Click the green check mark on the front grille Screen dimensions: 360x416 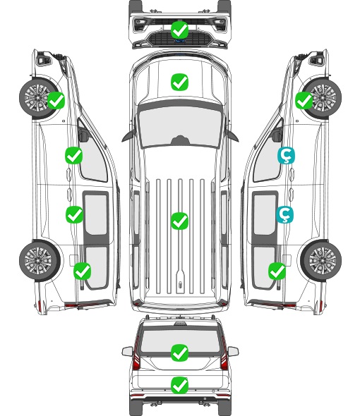(x=179, y=30)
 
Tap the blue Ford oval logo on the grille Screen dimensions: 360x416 (x=179, y=41)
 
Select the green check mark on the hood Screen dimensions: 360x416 (x=179, y=82)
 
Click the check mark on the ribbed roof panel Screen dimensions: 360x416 (x=179, y=221)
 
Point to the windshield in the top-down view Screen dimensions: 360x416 (x=180, y=126)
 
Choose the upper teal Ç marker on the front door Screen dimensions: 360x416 (x=286, y=156)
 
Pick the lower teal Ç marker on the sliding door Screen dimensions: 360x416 (x=284, y=214)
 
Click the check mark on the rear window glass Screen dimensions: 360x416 (x=179, y=353)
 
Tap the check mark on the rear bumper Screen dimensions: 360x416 (x=179, y=385)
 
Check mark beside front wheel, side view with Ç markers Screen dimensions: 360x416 (x=304, y=101)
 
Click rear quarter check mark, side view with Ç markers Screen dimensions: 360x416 (x=277, y=271)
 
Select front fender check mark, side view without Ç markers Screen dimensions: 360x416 (x=56, y=100)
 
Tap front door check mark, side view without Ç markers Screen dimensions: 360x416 (x=74, y=155)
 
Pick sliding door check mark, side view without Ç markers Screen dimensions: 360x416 (x=74, y=214)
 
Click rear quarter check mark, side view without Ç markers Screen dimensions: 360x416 (x=83, y=271)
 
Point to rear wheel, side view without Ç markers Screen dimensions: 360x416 (x=40, y=261)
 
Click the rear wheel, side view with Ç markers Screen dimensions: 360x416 (x=321, y=261)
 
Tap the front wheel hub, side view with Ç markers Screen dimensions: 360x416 (x=322, y=97)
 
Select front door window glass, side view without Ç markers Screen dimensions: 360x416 (x=93, y=157)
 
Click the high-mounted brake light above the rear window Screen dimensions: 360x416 (x=180, y=323)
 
